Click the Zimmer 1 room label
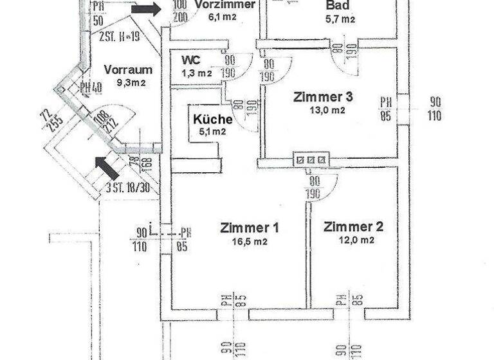pyautogui.click(x=249, y=228)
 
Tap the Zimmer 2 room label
pyautogui.click(x=353, y=226)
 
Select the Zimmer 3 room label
pyautogui.click(x=323, y=97)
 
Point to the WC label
pyautogui.click(x=190, y=59)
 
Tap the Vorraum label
pyautogui.click(x=128, y=69)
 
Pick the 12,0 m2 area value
pyautogui.click(x=353, y=240)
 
